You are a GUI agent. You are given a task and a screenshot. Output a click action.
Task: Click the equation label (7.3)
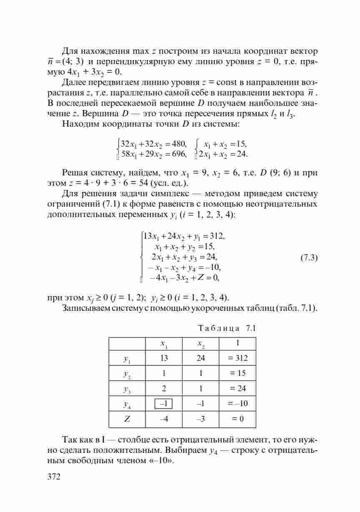coord(309,257)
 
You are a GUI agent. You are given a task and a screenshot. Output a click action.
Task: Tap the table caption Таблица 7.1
coord(227,327)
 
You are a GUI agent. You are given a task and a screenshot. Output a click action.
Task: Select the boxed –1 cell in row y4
coord(163,403)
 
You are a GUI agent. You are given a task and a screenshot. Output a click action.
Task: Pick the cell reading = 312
coord(237,358)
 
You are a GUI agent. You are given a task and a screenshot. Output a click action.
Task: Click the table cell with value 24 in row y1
coord(200,358)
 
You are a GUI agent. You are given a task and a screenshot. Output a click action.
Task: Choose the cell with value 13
coord(163,358)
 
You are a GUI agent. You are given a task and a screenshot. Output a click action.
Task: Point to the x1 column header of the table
coord(163,344)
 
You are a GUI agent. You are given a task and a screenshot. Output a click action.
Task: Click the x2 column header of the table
coord(200,344)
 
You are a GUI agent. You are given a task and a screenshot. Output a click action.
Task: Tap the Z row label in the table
coord(127,419)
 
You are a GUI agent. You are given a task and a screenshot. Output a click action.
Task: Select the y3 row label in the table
coord(127,389)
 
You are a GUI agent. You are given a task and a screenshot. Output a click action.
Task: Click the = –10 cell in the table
coord(237,403)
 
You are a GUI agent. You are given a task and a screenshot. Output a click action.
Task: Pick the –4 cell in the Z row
coord(163,419)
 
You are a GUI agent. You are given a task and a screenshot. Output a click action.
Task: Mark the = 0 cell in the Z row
coord(237,419)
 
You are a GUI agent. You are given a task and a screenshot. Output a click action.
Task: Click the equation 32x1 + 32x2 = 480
coord(153,145)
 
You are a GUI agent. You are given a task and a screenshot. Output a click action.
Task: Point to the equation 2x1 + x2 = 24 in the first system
coord(223,155)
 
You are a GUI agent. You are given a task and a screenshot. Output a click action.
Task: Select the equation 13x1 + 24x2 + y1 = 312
coord(184,236)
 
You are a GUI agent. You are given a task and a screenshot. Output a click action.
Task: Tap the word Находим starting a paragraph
coord(79,124)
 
